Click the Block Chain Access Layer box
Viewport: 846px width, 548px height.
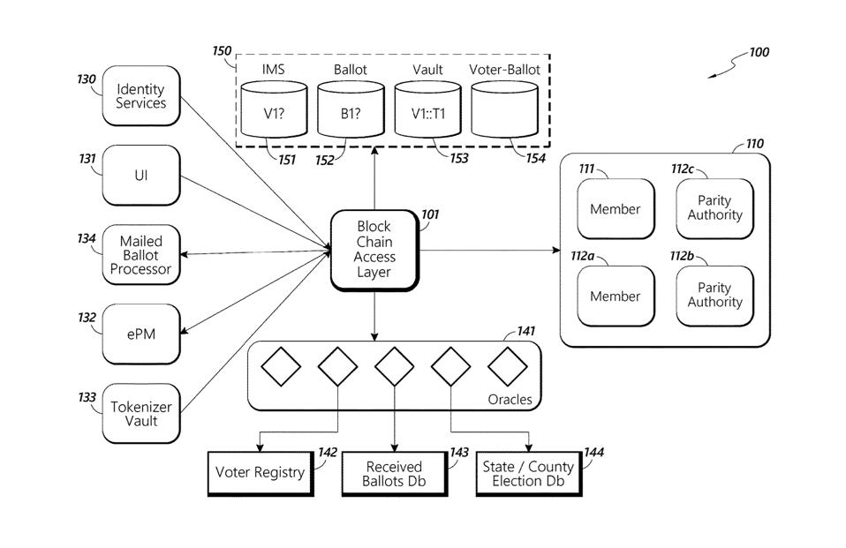[374, 250]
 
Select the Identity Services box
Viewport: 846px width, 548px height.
[141, 96]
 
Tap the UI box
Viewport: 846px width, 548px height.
[141, 175]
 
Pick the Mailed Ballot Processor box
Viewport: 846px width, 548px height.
[141, 255]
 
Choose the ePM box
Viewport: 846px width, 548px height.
[141, 334]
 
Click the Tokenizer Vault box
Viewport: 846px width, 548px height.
[141, 413]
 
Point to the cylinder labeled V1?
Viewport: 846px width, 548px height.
[274, 110]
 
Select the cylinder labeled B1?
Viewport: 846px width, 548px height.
[351, 110]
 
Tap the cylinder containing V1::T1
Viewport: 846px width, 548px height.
[427, 110]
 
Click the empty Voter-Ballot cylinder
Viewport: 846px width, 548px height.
[504, 110]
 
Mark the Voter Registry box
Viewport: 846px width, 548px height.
[261, 472]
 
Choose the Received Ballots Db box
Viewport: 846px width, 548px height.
[394, 473]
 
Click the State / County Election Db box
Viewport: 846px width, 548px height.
[528, 473]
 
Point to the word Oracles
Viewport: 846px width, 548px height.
[510, 400]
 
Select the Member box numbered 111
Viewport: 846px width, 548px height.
[616, 209]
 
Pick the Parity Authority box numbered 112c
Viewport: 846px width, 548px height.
[715, 208]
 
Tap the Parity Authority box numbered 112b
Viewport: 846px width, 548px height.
[715, 296]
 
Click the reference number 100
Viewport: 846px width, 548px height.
[759, 52]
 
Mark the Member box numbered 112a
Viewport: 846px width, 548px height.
[616, 297]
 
